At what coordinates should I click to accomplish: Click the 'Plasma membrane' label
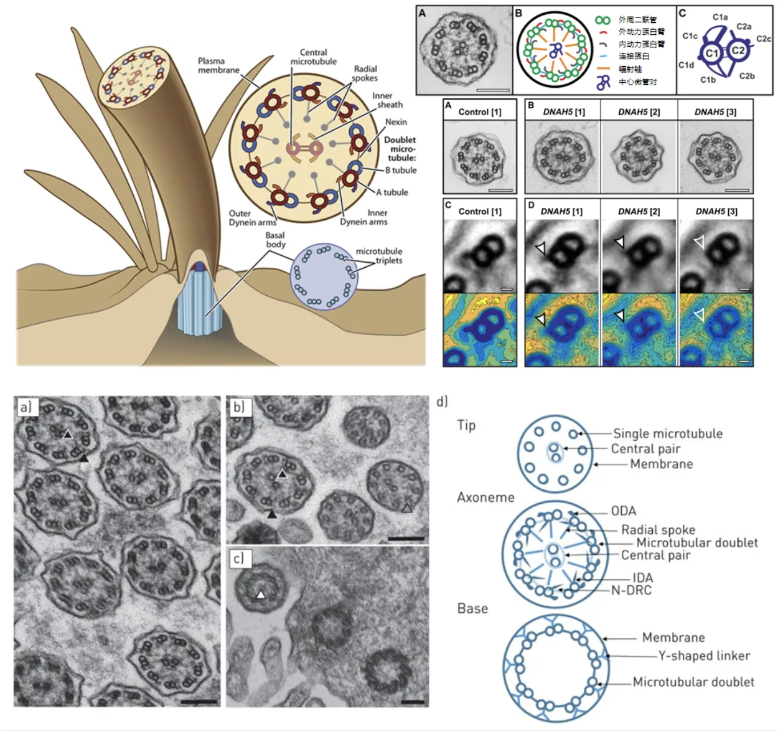pos(218,65)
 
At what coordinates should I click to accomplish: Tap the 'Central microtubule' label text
pos(313,57)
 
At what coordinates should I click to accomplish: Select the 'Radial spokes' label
pos(365,73)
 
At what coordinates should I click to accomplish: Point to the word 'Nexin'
pos(396,122)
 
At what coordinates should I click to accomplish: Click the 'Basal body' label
pos(275,240)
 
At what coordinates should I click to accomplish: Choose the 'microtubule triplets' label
pos(379,256)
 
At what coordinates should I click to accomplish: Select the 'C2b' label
pos(747,76)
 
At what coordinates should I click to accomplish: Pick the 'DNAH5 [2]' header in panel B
pos(639,112)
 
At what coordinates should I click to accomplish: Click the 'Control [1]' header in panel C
pos(480,212)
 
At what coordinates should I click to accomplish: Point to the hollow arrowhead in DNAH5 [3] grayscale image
pos(699,242)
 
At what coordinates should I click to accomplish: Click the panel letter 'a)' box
pos(26,407)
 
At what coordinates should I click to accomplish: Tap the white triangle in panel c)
pos(261,595)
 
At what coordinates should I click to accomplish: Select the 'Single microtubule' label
pos(667,433)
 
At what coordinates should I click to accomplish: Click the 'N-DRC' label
pos(631,590)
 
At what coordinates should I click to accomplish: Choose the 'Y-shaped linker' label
pos(704,656)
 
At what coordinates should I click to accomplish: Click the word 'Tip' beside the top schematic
pos(466,425)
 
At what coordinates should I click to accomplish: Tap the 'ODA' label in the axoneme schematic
pos(623,511)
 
